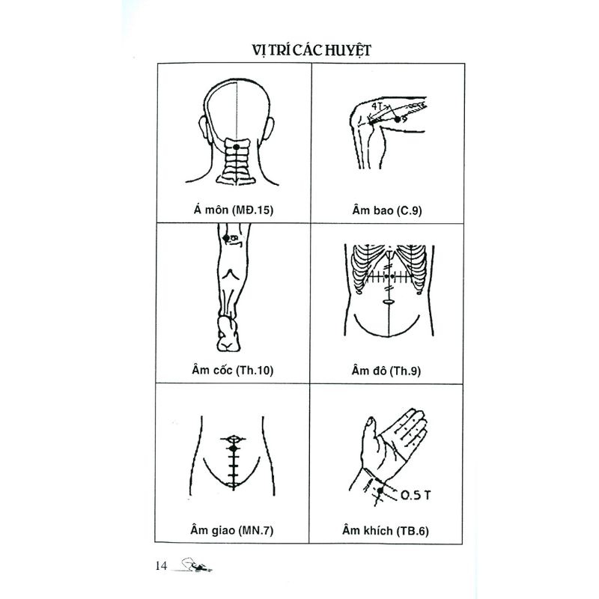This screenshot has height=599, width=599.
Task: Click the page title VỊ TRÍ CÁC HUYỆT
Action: click(x=311, y=50)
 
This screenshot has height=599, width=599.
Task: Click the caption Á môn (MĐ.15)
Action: click(x=234, y=210)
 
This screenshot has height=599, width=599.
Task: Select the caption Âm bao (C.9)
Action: click(x=387, y=210)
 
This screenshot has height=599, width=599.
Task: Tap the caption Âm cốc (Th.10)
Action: click(x=233, y=370)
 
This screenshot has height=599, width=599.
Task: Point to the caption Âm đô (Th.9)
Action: click(x=386, y=371)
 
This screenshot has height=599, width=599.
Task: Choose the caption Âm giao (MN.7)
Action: click(x=232, y=530)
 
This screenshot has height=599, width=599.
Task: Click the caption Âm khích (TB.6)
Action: click(x=386, y=531)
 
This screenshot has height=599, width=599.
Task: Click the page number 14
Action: click(x=161, y=566)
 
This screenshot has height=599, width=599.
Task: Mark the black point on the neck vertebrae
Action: click(x=237, y=147)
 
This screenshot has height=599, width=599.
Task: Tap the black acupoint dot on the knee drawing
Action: click(x=398, y=119)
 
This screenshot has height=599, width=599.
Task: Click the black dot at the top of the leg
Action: click(x=226, y=238)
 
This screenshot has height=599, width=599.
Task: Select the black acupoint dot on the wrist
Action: click(x=380, y=490)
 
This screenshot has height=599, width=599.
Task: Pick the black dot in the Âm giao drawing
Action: click(x=234, y=448)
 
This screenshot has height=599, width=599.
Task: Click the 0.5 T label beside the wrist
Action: click(x=416, y=495)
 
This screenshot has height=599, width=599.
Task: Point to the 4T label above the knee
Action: click(x=377, y=106)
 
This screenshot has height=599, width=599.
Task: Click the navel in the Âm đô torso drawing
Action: click(x=388, y=302)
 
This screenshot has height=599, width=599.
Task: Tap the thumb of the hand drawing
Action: click(x=368, y=436)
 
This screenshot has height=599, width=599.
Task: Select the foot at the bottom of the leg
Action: click(x=228, y=334)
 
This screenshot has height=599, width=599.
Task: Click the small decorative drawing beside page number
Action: click(x=195, y=566)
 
